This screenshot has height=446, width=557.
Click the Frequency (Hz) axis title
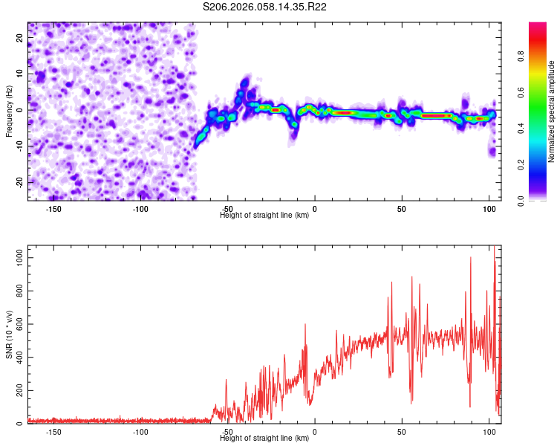[9, 111]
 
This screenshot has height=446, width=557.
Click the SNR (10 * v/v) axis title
[9, 334]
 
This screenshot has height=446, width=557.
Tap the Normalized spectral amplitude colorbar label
[552, 111]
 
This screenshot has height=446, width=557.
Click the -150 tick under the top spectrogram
[53, 209]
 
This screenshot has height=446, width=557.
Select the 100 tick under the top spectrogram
[489, 209]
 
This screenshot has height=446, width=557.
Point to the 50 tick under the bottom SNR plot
[402, 432]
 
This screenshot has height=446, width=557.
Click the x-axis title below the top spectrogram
[264, 216]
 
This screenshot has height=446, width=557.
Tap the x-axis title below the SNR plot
[264, 439]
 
